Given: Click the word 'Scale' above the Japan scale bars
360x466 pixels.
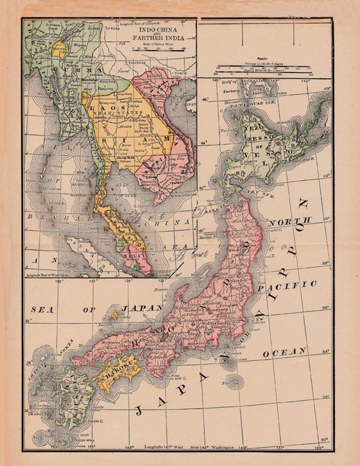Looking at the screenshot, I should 262,58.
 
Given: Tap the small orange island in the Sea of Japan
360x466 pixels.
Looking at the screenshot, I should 115,314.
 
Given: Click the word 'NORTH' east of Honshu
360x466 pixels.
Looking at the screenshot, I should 290,221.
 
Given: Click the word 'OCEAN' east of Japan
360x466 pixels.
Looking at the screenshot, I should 285,352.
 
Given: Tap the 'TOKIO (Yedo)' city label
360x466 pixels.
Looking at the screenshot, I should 215,323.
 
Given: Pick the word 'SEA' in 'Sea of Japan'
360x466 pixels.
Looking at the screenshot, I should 42,310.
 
